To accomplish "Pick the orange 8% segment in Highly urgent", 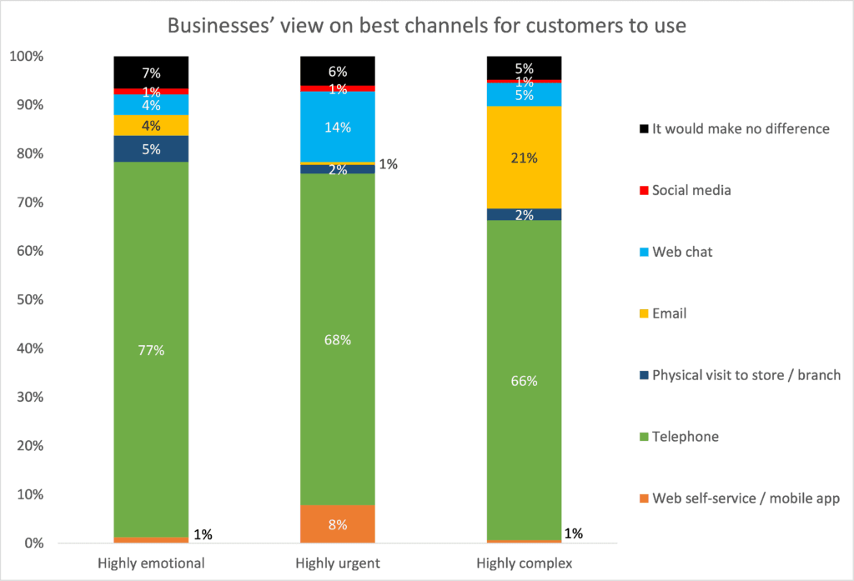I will [x=337, y=524].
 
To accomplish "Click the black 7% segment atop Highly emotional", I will [x=151, y=72].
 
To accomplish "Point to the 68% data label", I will [x=337, y=340].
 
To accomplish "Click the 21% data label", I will [x=524, y=158].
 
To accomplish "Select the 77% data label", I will [x=151, y=350].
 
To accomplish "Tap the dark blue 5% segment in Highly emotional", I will [x=151, y=148].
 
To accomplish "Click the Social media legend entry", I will [x=691, y=190].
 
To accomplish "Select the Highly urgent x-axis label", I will [x=337, y=563].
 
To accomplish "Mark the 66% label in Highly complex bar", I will [x=524, y=381].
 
